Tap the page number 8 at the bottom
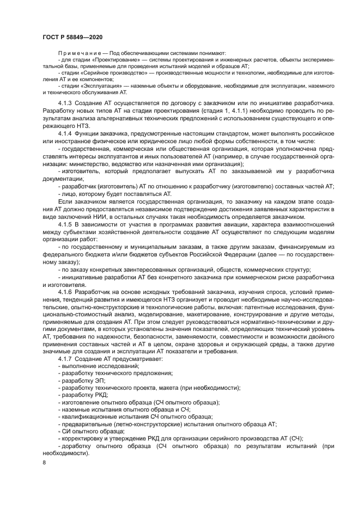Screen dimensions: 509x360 44,462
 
